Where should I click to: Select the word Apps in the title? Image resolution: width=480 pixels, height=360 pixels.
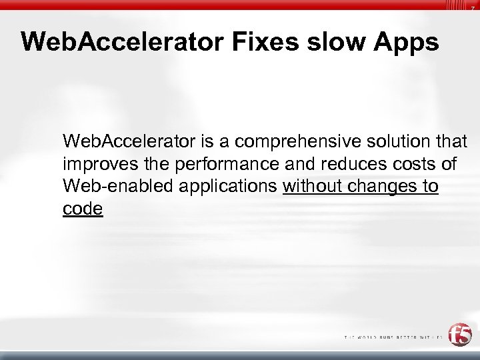click(x=407, y=42)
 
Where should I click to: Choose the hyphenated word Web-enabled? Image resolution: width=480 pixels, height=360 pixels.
click(x=110, y=187)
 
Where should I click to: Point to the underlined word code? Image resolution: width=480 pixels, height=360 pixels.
click(x=83, y=209)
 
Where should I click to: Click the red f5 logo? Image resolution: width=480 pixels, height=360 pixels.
click(x=459, y=335)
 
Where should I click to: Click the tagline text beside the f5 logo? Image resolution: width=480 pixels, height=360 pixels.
click(x=393, y=337)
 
